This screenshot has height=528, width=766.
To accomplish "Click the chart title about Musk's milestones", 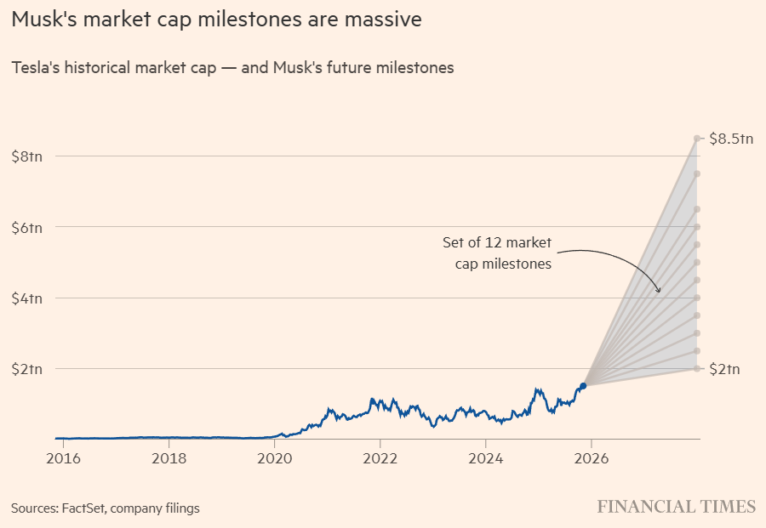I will click(216, 20).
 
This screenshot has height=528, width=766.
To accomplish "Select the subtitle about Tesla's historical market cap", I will click(232, 68).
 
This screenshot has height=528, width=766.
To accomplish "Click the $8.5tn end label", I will click(731, 139).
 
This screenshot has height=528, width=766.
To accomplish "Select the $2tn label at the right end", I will click(725, 369).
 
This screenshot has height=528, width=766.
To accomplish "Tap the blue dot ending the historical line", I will click(583, 386).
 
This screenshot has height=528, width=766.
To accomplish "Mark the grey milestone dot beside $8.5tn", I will click(697, 138).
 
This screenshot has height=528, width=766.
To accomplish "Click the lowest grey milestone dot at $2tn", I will click(697, 368).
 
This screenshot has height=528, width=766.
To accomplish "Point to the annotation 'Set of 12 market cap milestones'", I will click(497, 253).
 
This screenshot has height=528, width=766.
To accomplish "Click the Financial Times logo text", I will click(676, 507).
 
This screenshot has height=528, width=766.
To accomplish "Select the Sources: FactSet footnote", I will click(106, 508).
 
